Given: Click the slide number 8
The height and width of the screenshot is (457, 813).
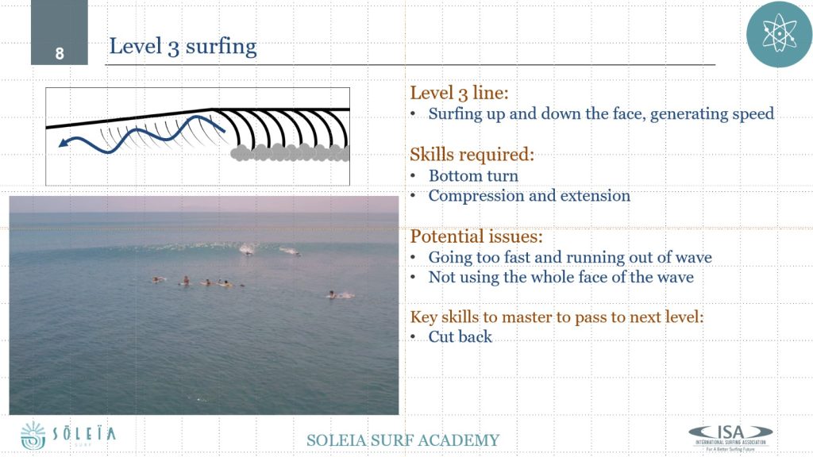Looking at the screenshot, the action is point(60,53).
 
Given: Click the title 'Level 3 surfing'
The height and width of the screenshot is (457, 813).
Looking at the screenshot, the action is point(183,47).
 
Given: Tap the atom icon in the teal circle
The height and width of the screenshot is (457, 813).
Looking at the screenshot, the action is point(779,34).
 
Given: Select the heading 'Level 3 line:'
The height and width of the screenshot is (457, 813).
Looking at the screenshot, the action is point(460,94).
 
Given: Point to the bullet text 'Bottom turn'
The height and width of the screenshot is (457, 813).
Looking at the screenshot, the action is point(473,175).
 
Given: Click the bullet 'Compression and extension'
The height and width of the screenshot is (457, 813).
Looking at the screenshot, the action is point(530,196).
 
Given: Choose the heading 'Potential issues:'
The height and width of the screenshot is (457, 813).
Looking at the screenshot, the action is point(476,236).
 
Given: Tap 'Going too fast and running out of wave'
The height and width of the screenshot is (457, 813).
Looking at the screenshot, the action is point(570,257).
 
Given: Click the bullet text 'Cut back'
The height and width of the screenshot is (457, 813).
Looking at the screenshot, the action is point(460,336).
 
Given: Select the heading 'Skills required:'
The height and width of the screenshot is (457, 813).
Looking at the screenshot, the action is point(472,155).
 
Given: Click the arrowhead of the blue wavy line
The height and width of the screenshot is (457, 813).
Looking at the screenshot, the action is point(64,142).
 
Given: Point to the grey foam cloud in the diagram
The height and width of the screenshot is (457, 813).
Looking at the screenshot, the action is point(290,152).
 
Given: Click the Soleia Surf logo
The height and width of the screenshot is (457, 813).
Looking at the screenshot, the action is point(68,436).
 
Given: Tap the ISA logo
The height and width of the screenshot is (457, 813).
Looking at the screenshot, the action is point(730,438).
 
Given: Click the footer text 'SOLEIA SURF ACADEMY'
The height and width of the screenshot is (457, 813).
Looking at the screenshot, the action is point(403,440).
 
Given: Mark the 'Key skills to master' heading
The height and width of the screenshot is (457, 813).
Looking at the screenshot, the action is point(557,317).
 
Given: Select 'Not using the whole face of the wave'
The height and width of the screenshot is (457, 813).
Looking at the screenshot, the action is point(561,277).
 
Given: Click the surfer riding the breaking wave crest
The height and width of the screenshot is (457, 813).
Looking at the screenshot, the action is point(248,251).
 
